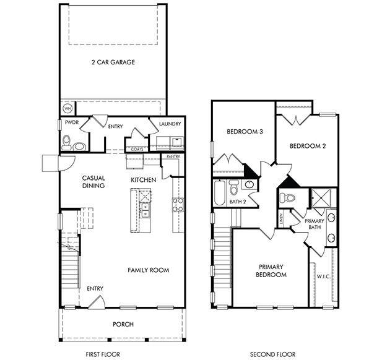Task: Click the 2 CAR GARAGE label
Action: (x=113, y=62)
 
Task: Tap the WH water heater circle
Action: (x=67, y=109)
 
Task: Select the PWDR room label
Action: (x=71, y=124)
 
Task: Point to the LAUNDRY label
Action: (x=170, y=124)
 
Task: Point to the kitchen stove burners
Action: (x=177, y=205)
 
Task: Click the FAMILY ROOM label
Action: (x=149, y=270)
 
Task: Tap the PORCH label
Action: (x=123, y=324)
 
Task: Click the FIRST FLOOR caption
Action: (x=103, y=354)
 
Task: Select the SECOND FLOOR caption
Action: (x=273, y=354)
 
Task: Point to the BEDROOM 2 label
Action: (x=308, y=146)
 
